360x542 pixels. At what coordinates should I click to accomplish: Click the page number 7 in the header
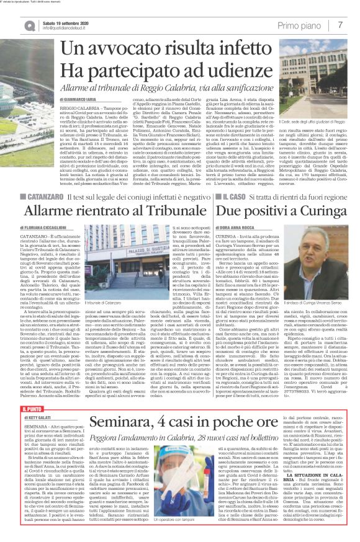[x=341, y=25]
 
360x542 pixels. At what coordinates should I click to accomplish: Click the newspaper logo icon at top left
[x=29, y=25]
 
